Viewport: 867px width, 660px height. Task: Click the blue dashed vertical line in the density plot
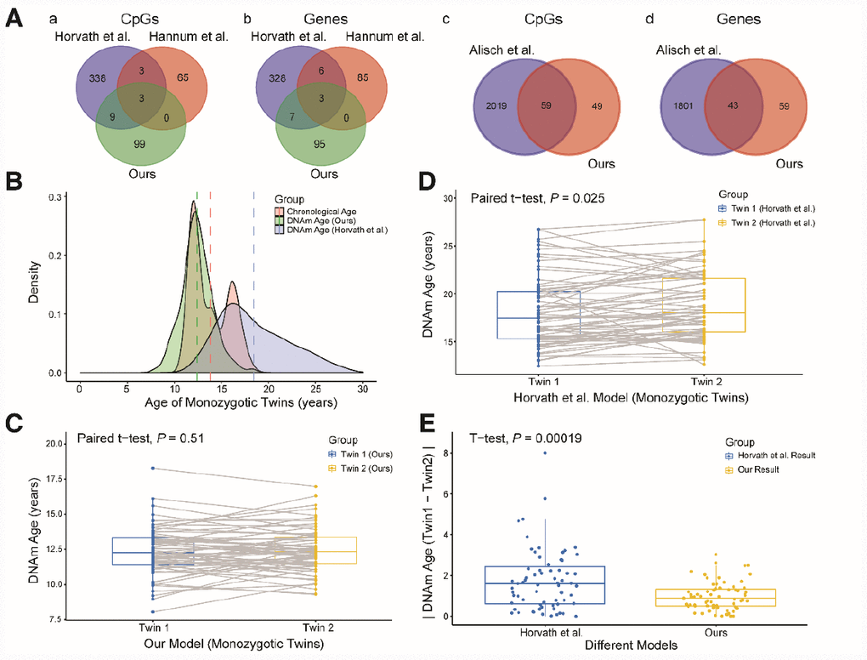pos(253,289)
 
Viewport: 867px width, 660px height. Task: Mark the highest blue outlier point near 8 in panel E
pos(545,452)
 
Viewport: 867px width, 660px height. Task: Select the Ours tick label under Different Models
pos(716,631)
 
